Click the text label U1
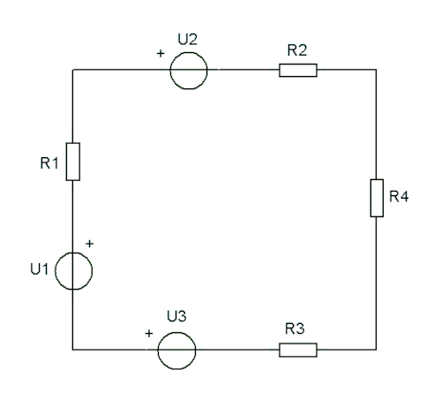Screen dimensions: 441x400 tap(39, 269)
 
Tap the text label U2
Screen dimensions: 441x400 tap(188, 39)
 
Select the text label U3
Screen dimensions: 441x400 tap(176, 316)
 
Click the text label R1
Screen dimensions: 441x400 tap(49, 163)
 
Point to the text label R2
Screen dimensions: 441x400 tap(297, 50)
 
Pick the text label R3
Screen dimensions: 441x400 tap(295, 328)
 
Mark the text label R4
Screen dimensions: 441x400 tap(399, 196)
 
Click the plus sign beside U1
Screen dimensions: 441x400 tap(89, 244)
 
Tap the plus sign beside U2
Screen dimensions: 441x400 tap(161, 53)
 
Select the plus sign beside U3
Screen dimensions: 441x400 tap(149, 334)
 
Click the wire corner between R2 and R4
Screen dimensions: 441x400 tap(377, 70)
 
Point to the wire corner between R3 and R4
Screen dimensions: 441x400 tap(377, 350)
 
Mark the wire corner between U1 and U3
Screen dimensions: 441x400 tap(72, 350)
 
